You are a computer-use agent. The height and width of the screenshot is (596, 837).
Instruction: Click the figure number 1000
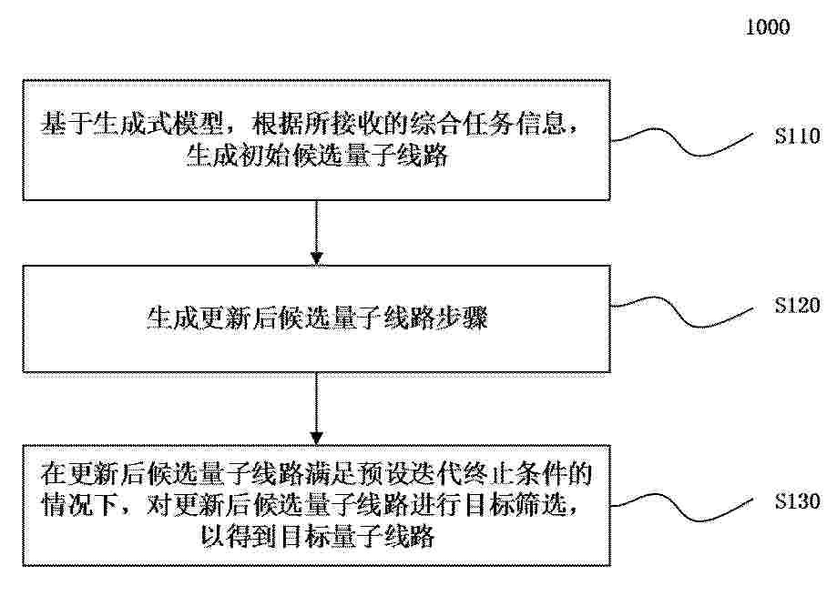pos(767,27)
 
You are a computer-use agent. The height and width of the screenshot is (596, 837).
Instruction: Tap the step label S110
pos(798,136)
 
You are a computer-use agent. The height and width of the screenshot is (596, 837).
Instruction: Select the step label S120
pos(798,305)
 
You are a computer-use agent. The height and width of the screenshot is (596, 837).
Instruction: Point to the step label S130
pos(798,501)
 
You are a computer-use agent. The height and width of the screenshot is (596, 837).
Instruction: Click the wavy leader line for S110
pos(681,142)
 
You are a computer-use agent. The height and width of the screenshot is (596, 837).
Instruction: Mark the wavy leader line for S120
pos(681,312)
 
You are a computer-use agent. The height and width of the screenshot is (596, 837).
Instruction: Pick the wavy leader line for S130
pos(681,507)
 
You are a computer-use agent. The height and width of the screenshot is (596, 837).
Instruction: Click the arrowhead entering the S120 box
pos(317,258)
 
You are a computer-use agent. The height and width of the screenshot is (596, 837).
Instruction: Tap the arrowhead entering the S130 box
pos(317,439)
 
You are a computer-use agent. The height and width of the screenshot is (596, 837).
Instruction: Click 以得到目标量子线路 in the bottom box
pos(318,536)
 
